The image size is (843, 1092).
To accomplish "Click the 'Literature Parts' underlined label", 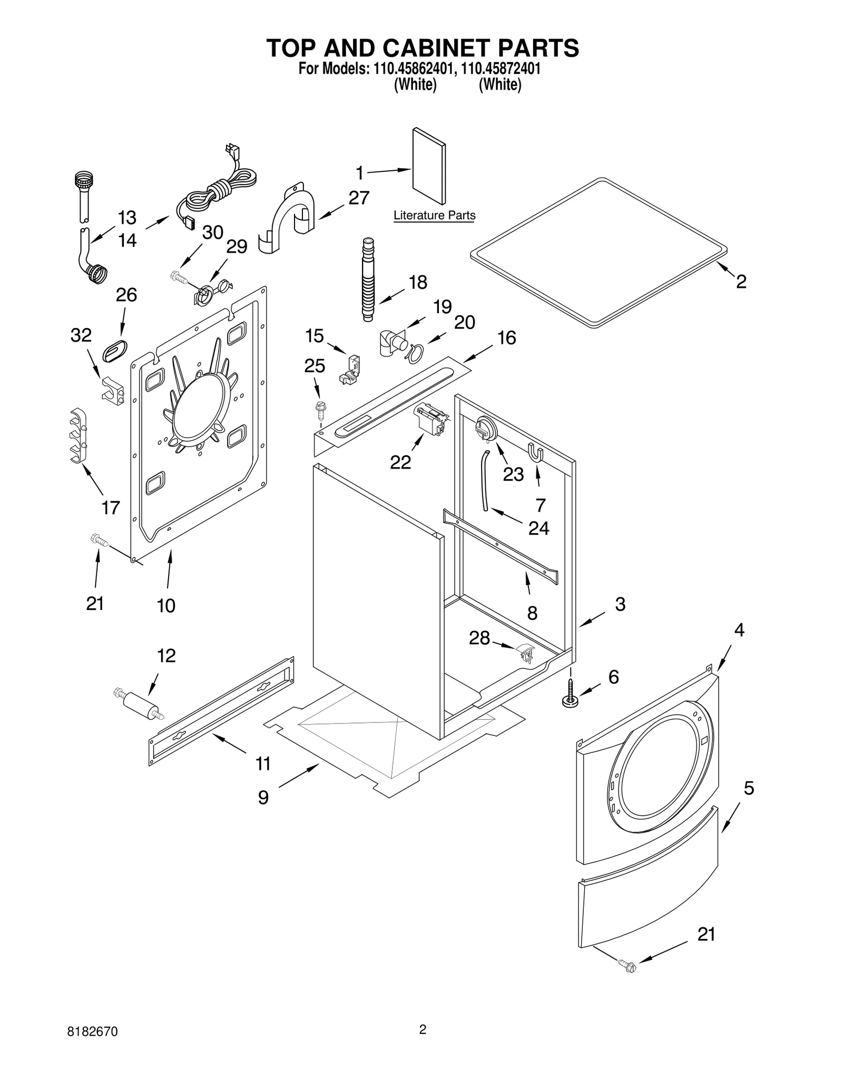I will coord(434,216).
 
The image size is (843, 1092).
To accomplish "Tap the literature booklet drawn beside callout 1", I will coord(428,166).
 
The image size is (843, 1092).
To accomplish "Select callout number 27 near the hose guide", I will coord(359,198).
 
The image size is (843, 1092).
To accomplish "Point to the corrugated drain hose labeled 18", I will coord(368,280).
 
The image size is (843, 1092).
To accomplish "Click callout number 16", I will coord(506,338).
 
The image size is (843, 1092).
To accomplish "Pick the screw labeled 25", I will coord(319,408).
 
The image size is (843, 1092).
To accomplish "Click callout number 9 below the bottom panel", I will coord(263,797).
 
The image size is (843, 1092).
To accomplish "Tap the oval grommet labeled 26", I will coord(115,351).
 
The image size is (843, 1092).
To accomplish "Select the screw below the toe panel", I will coord(629,968).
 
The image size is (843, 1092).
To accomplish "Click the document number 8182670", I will coord(93,1046).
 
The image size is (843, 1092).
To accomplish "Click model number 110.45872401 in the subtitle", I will coord(500,69).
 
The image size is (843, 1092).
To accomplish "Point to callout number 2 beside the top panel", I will coord(741,282).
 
